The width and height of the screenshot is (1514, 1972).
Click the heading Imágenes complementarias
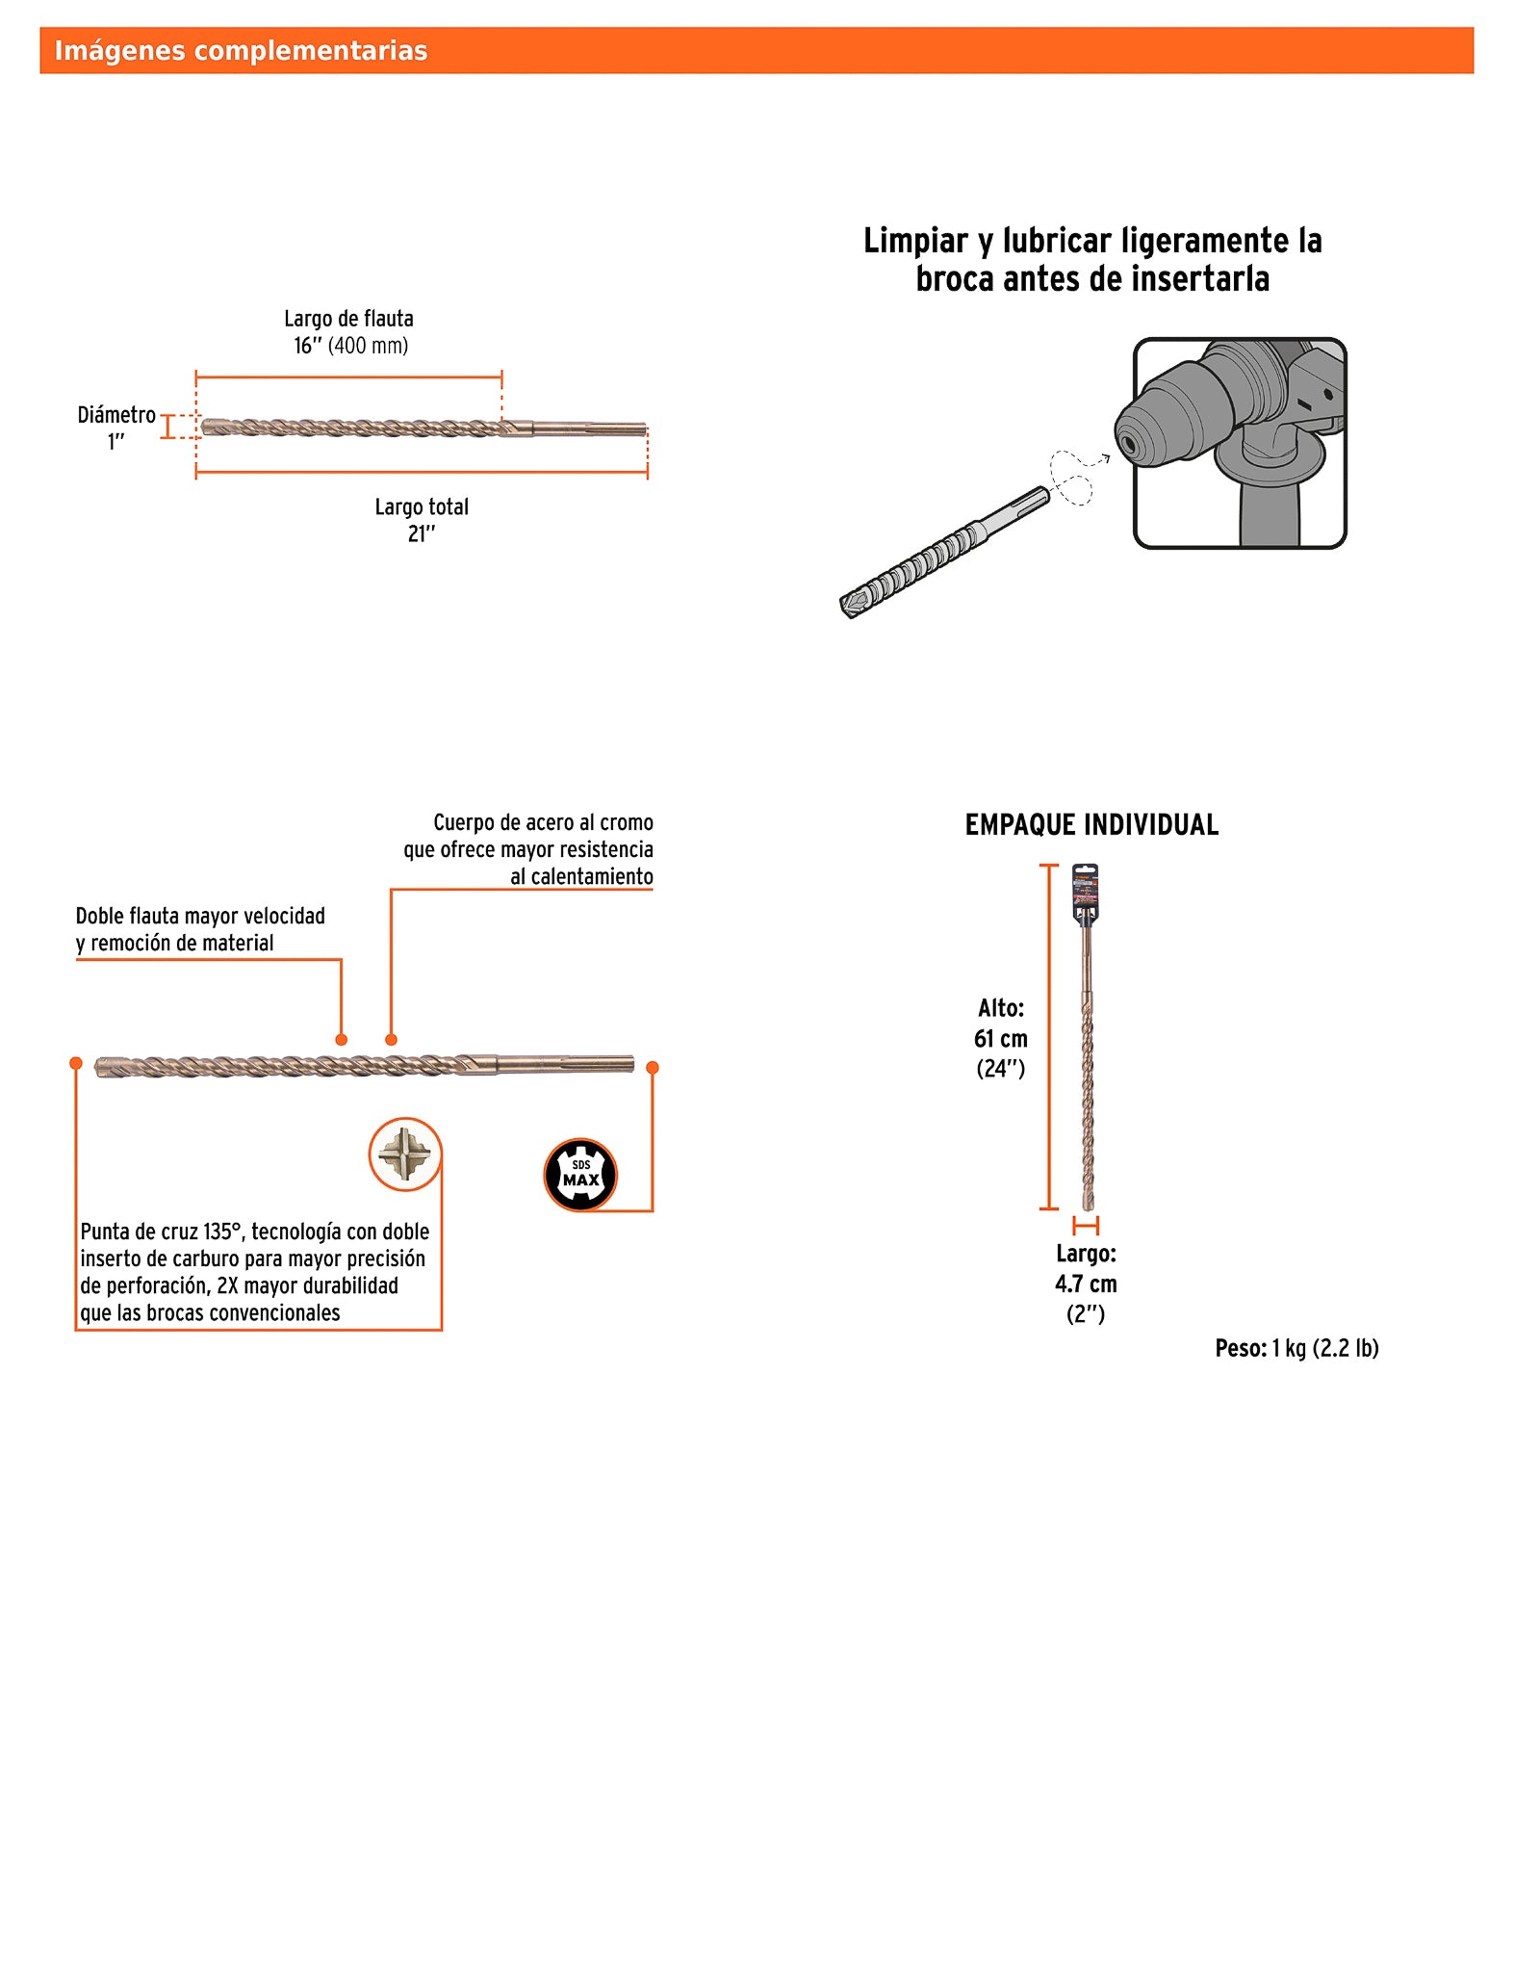coord(241,51)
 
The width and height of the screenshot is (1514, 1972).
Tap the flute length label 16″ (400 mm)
coord(350,346)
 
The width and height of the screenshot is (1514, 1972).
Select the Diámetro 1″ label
coord(116,428)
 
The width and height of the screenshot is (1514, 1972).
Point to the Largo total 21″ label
coord(422,520)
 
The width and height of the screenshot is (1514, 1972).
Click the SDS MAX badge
coord(580,1174)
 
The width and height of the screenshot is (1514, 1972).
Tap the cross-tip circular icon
coord(404,1154)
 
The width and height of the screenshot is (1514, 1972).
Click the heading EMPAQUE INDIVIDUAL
coord(1091,825)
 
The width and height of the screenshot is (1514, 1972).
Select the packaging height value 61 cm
coord(1001,1039)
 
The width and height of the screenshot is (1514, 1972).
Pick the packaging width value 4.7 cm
coord(1086,1284)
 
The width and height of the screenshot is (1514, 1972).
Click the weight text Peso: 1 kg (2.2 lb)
coord(1296,1348)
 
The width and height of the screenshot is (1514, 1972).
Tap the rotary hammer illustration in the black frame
coord(1240,443)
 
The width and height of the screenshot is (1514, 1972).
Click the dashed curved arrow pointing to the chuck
coord(1076,473)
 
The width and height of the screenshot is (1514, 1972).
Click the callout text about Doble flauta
coord(200,929)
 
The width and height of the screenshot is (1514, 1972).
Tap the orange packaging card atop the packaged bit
coord(1086,890)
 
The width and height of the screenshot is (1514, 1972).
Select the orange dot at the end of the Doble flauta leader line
coord(341,1040)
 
